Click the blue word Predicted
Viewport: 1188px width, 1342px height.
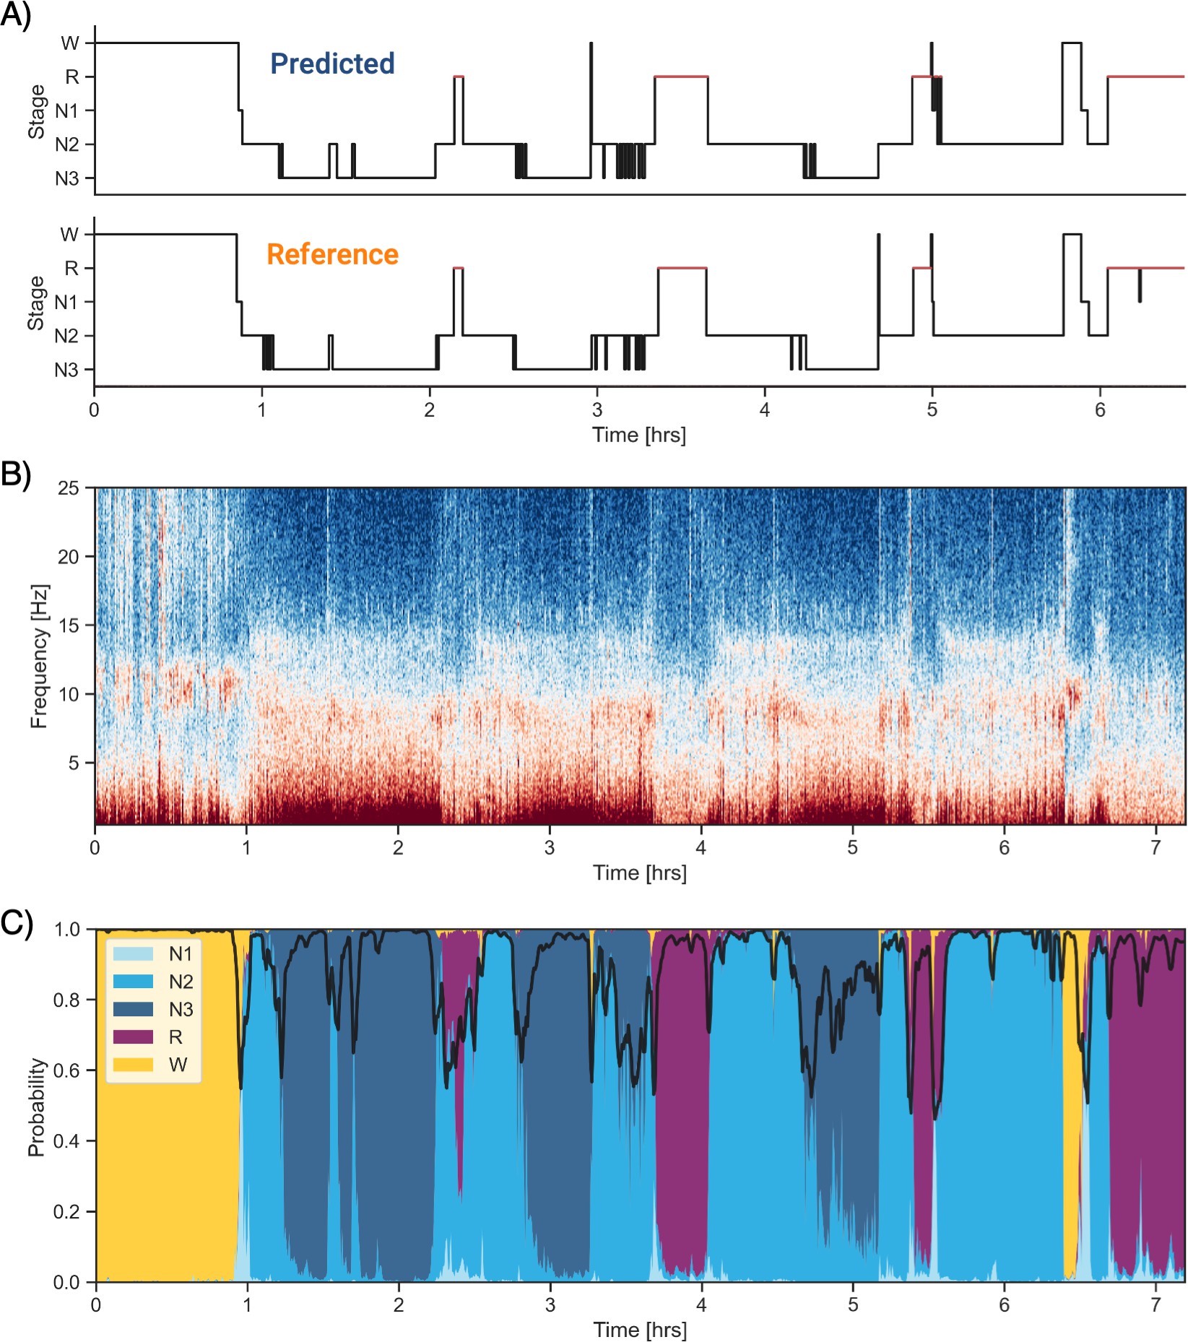332,64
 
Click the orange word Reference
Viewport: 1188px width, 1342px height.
332,254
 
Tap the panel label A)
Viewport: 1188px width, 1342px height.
16,14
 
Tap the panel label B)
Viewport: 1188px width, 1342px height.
16,475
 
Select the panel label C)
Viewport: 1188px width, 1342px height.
16,922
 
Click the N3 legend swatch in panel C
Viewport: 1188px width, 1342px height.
133,1009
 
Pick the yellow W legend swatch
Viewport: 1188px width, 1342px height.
133,1065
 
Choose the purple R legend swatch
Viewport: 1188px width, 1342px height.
133,1037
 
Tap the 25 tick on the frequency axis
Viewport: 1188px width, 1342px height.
68,488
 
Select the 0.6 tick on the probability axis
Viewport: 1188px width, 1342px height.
66,1070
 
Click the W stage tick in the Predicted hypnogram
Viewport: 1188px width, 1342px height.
69,43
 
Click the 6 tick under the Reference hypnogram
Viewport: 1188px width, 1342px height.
1099,410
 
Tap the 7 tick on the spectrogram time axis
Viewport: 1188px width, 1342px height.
1156,847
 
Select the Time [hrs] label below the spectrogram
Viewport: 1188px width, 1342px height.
639,873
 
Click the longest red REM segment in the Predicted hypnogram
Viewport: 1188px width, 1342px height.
1145,77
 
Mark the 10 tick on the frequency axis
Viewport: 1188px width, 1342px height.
68,694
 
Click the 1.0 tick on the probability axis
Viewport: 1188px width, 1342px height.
66,930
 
